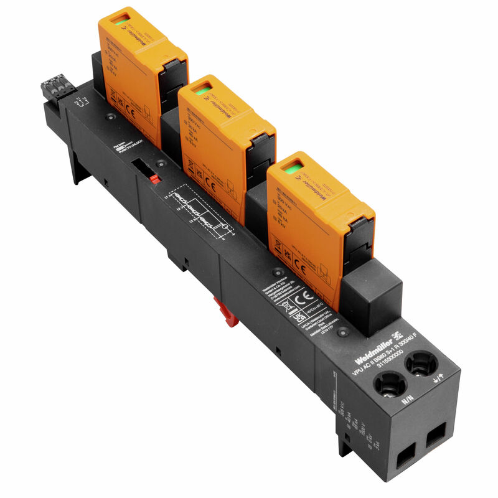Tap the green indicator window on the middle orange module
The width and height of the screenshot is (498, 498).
click(x=201, y=92)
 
